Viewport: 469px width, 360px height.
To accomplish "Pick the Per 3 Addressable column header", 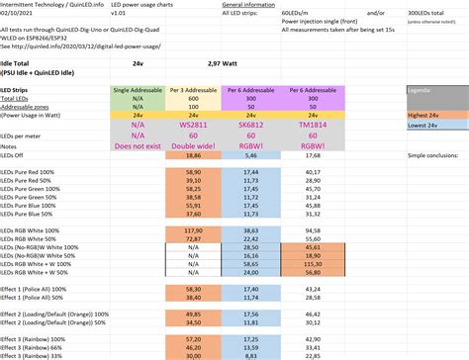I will (193, 91).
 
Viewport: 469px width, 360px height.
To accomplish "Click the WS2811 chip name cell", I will (193, 127).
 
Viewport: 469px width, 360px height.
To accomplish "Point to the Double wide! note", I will (193, 145).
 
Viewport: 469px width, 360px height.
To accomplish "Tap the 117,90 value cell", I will (193, 229).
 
